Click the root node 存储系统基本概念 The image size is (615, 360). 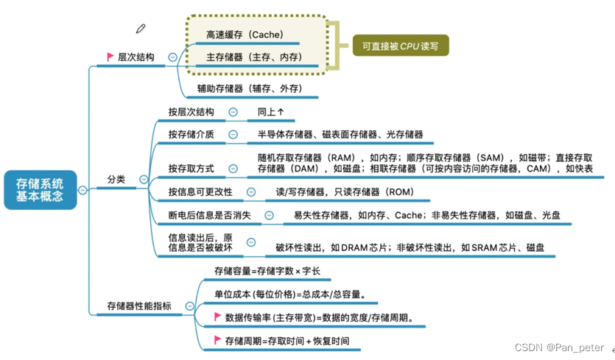point(40,190)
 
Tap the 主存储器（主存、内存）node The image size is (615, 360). point(254,57)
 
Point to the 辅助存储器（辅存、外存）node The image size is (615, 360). point(249,89)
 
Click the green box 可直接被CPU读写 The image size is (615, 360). point(400,46)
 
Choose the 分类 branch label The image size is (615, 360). point(116,179)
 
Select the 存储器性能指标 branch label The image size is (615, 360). point(140,306)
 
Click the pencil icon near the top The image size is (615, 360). point(141,29)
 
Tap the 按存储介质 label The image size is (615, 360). point(191,134)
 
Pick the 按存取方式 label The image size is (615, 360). point(191,169)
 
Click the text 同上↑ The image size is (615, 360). point(270,112)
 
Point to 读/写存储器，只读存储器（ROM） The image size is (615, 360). point(345,192)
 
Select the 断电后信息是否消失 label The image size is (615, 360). point(210,215)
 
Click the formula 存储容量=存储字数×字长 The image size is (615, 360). point(267,271)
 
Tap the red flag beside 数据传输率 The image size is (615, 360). point(217,317)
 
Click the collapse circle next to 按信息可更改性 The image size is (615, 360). point(250,192)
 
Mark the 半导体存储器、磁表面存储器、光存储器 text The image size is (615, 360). point(340,135)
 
